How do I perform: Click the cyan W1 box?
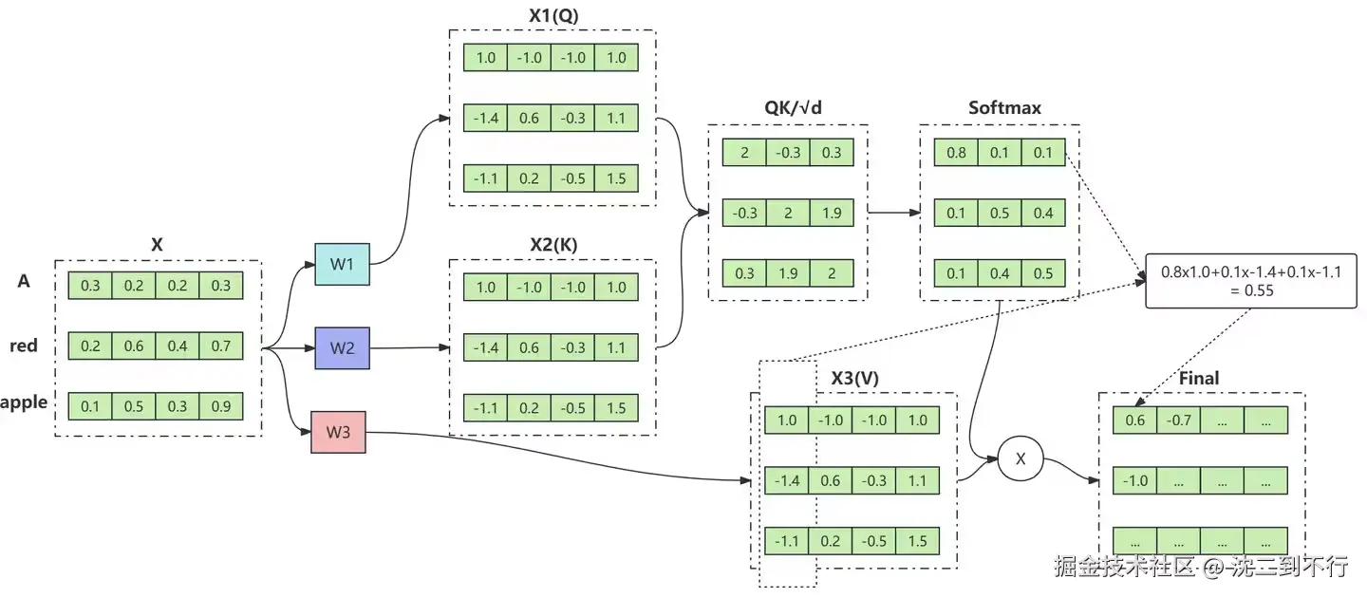(343, 264)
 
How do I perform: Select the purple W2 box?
(343, 347)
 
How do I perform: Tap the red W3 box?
(338, 432)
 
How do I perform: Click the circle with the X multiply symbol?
(1021, 459)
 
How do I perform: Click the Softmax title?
(1004, 107)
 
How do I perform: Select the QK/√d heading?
(793, 107)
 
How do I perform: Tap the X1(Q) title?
(553, 16)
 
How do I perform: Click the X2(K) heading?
(553, 244)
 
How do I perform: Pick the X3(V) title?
(854, 378)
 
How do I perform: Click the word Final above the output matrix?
(1198, 378)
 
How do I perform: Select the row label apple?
(24, 402)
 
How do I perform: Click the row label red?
(24, 346)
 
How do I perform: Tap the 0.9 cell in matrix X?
(221, 406)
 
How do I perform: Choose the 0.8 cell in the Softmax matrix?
(956, 152)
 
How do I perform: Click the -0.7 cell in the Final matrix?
(1179, 420)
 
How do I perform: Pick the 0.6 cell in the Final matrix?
(1135, 420)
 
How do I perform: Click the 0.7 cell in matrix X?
(221, 346)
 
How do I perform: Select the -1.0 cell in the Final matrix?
(1135, 480)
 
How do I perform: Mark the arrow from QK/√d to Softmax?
(892, 212)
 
